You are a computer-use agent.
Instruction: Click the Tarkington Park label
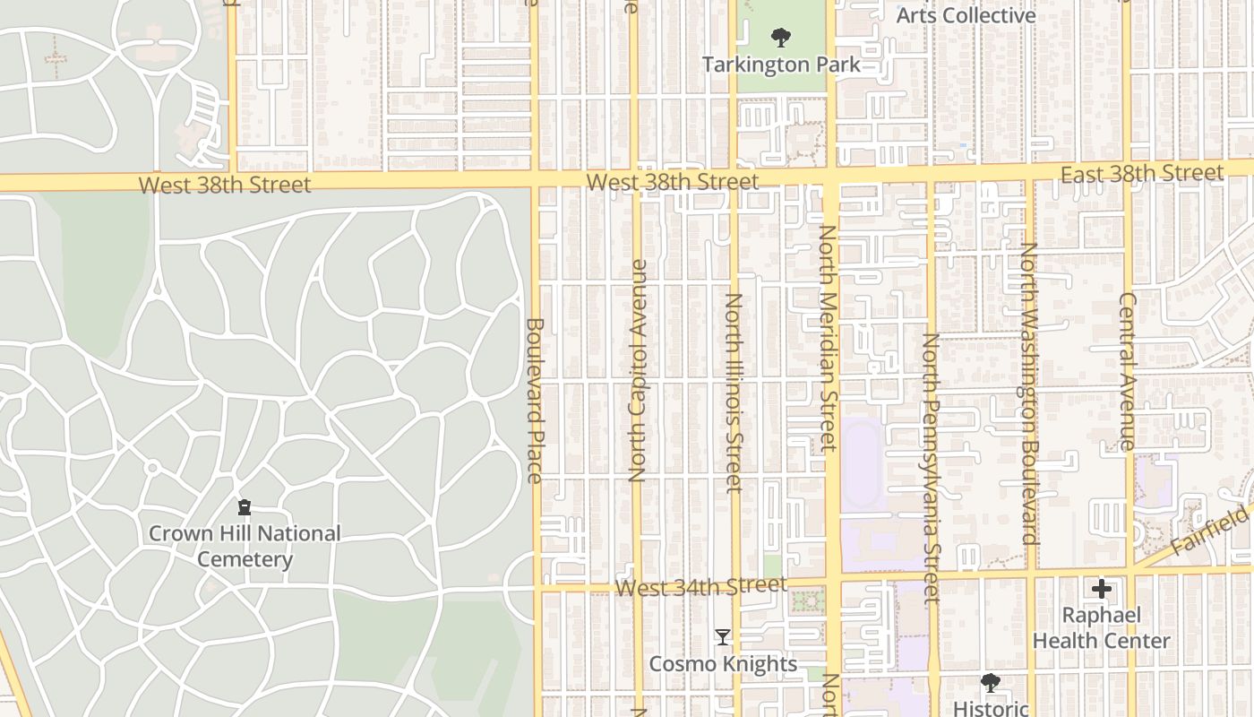pyautogui.click(x=780, y=65)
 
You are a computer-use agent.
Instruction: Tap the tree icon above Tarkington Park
pyautogui.click(x=781, y=38)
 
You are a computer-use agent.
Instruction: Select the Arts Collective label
pyautogui.click(x=966, y=15)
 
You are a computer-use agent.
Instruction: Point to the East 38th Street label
pyautogui.click(x=1141, y=174)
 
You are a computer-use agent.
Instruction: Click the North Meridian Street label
pyautogui.click(x=827, y=338)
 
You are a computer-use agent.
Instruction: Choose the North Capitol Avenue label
pyautogui.click(x=638, y=371)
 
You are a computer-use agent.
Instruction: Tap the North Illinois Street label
pyautogui.click(x=734, y=393)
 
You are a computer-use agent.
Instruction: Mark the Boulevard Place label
pyautogui.click(x=535, y=400)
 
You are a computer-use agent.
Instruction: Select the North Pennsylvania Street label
pyautogui.click(x=932, y=467)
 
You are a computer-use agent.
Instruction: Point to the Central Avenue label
pyautogui.click(x=1128, y=371)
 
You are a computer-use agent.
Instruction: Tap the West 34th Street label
pyautogui.click(x=701, y=588)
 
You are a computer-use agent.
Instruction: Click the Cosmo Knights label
pyautogui.click(x=723, y=664)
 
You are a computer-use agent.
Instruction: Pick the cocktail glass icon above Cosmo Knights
pyautogui.click(x=723, y=637)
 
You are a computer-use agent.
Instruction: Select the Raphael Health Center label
pyautogui.click(x=1101, y=628)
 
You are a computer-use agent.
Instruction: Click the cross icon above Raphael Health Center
pyautogui.click(x=1102, y=589)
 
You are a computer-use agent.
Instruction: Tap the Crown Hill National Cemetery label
pyautogui.click(x=245, y=546)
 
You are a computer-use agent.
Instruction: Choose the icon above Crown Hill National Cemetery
pyautogui.click(x=245, y=507)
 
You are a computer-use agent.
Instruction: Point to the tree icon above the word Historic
pyautogui.click(x=990, y=683)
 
